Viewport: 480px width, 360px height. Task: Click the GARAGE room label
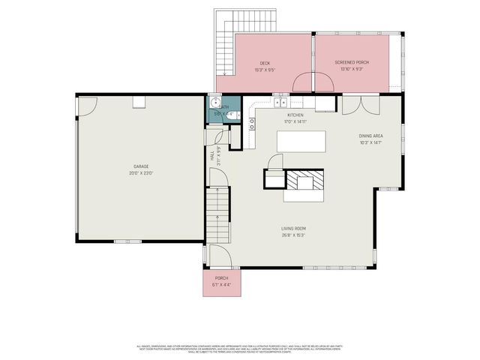click(x=141, y=166)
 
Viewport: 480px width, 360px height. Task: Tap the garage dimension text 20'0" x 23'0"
click(x=141, y=173)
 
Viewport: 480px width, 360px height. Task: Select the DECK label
click(x=265, y=63)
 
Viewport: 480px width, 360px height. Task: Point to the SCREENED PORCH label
click(x=351, y=63)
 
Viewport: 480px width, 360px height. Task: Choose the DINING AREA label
click(x=371, y=136)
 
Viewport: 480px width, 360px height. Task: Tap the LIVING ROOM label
click(x=293, y=229)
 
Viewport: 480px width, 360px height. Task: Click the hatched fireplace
click(x=304, y=182)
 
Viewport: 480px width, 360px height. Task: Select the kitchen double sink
click(x=280, y=102)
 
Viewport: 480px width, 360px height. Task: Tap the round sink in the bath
click(x=214, y=103)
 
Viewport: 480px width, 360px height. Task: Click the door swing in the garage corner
click(x=87, y=104)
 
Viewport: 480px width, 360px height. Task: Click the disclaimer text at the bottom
click(x=240, y=349)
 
